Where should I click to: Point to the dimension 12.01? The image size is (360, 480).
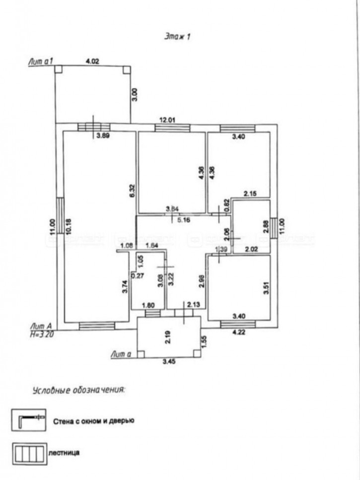click(x=168, y=119)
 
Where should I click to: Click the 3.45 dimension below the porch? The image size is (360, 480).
click(x=170, y=362)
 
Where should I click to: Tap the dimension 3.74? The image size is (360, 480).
click(x=125, y=288)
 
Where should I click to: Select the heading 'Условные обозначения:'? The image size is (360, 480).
click(x=79, y=390)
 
